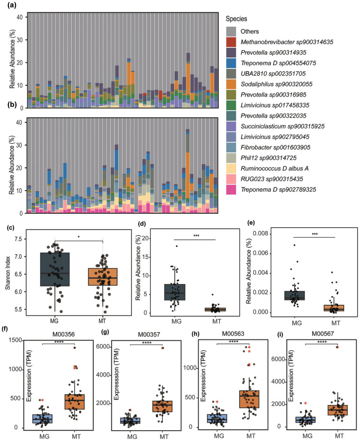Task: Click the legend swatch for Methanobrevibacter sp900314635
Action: (231, 42)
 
